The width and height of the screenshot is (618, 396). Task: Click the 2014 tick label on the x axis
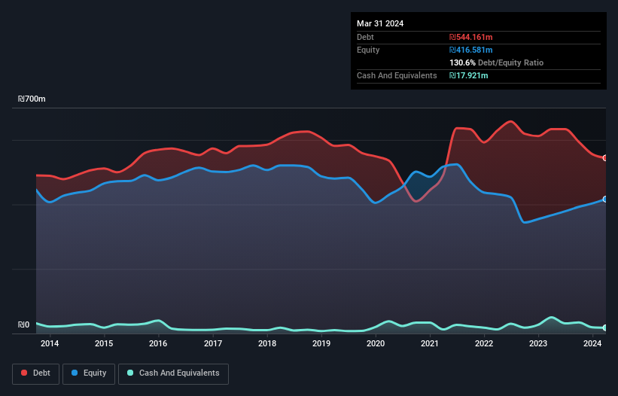(50, 344)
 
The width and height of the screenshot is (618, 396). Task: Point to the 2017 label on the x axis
(213, 344)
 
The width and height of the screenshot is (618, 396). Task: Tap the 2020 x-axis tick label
(376, 344)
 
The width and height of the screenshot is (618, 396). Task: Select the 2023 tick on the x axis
(538, 344)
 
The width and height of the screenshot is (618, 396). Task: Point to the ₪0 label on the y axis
(23, 325)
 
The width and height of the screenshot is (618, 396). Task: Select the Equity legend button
(89, 373)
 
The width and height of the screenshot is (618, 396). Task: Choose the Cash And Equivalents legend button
(173, 373)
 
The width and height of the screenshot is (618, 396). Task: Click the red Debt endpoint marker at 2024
(605, 158)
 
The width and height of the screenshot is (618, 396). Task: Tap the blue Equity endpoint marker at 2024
(605, 199)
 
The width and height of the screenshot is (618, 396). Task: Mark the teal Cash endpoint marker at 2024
(605, 327)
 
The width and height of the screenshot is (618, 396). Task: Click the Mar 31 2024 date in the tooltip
(380, 23)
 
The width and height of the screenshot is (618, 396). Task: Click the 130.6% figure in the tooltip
(462, 62)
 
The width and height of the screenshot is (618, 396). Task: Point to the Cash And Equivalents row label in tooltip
(397, 75)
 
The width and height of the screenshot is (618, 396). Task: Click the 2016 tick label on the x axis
(158, 344)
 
